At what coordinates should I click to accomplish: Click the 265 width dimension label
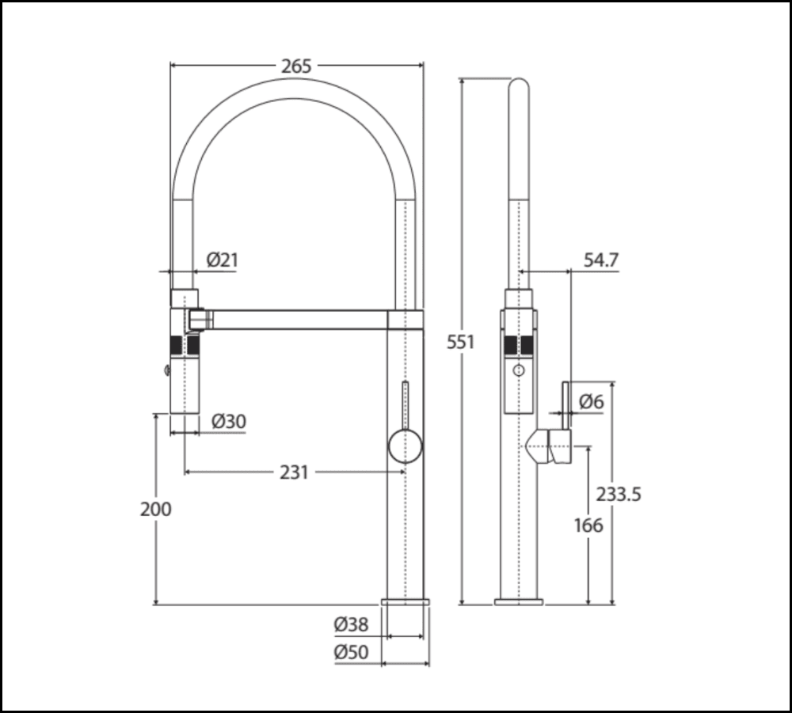pyautogui.click(x=296, y=66)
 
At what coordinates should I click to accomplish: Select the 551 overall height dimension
pyautogui.click(x=460, y=342)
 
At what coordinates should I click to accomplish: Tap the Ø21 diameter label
pyautogui.click(x=223, y=259)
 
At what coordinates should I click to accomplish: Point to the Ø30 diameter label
pyautogui.click(x=229, y=423)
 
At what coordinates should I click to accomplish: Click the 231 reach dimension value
pyautogui.click(x=294, y=472)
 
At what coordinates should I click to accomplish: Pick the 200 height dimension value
pyautogui.click(x=155, y=509)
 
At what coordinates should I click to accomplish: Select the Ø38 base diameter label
pyautogui.click(x=351, y=624)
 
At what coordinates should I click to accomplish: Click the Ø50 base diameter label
pyautogui.click(x=351, y=653)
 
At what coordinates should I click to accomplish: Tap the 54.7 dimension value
pyautogui.click(x=601, y=260)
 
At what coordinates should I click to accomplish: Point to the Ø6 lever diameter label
pyautogui.click(x=591, y=402)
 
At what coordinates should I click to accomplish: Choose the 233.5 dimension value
pyautogui.click(x=619, y=495)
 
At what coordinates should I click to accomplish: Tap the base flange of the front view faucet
pyautogui.click(x=406, y=602)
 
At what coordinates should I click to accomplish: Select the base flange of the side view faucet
pyautogui.click(x=519, y=602)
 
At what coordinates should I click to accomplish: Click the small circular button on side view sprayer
pyautogui.click(x=519, y=370)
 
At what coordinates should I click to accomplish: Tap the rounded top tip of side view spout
pyautogui.click(x=518, y=85)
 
